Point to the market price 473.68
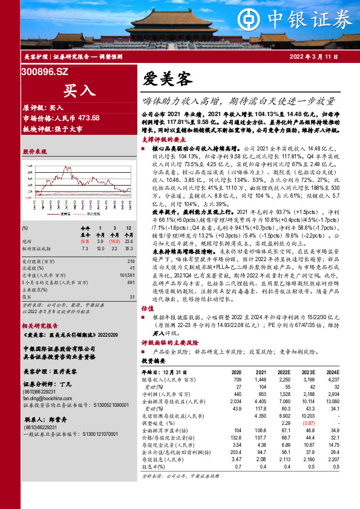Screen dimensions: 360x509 88,117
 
